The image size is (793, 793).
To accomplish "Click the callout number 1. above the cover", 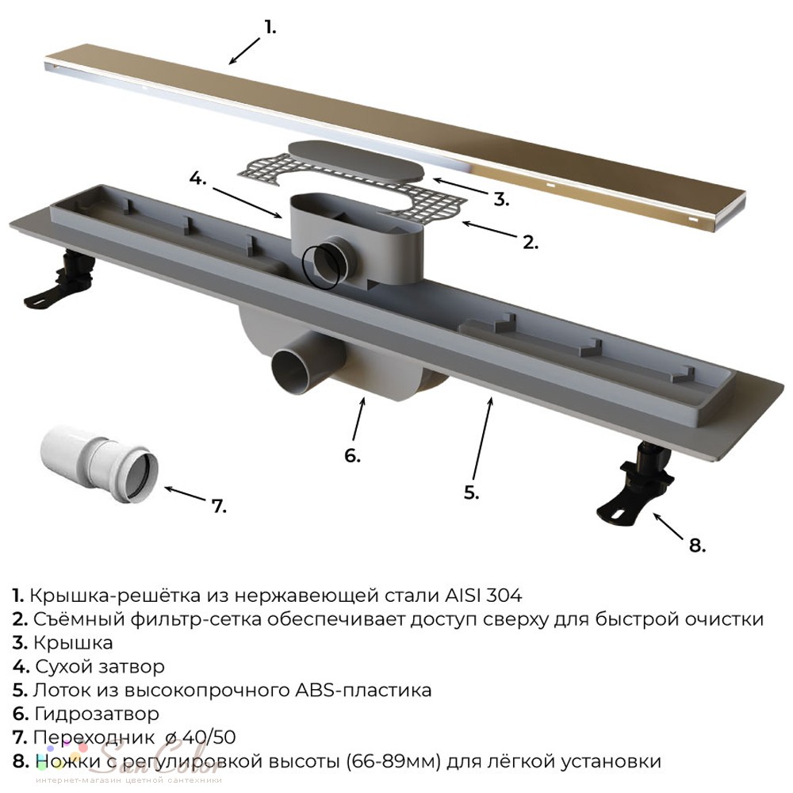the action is [270, 28].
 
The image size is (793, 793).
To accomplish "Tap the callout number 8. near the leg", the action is [697, 546].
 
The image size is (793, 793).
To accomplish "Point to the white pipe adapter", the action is [99, 464].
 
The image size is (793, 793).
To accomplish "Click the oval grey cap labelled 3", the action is [355, 162].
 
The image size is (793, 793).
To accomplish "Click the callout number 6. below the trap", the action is [353, 455].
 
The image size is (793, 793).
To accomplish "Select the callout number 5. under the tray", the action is [471, 492].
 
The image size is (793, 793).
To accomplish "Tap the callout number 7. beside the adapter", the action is [219, 506].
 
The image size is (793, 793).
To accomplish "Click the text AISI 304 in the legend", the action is [484, 596].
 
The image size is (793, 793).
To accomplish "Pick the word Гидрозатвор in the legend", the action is [97, 714].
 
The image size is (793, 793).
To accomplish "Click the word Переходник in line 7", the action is [94, 737].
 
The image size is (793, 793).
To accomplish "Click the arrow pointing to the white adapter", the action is [186, 493].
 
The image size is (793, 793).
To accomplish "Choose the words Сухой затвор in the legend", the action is [100, 667].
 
